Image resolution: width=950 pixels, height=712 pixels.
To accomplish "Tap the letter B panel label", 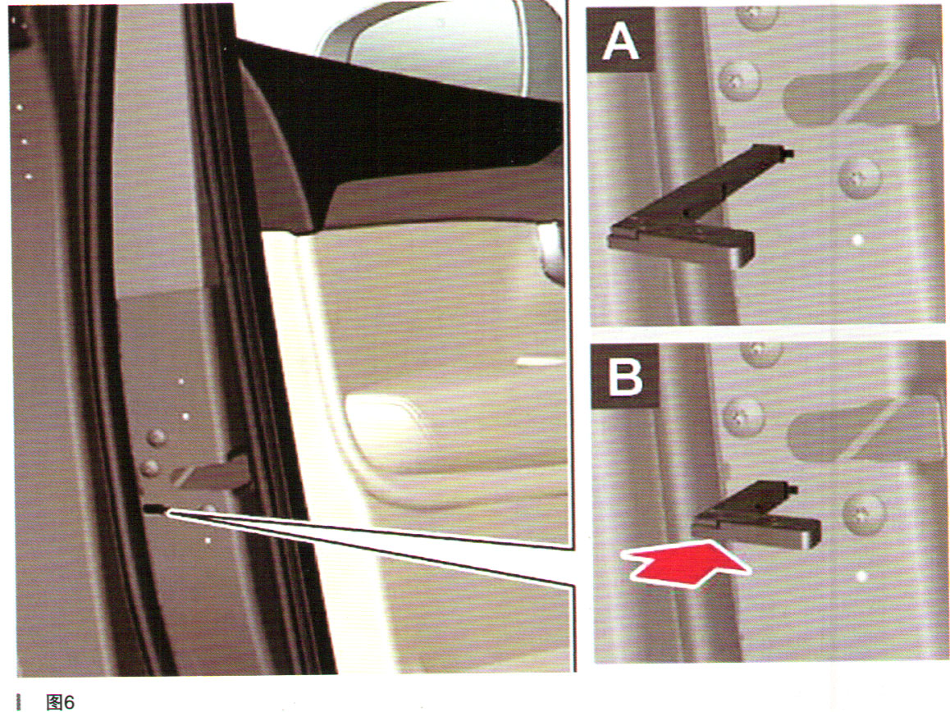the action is click(x=624, y=377).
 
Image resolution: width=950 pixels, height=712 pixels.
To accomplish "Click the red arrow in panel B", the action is click(x=687, y=563).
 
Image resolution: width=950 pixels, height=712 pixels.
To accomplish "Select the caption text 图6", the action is click(x=61, y=701).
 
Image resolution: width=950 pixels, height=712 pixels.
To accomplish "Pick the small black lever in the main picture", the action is click(x=155, y=509).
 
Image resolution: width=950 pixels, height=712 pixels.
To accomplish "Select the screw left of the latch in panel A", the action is click(x=740, y=80).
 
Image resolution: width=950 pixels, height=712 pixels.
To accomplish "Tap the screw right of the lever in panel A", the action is click(x=859, y=177).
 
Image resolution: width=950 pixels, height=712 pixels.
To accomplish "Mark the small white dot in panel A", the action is click(x=857, y=240).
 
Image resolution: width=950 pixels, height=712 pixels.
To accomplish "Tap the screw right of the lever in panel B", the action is click(x=863, y=513).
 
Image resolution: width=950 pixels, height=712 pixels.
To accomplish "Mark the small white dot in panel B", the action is click(x=861, y=576).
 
